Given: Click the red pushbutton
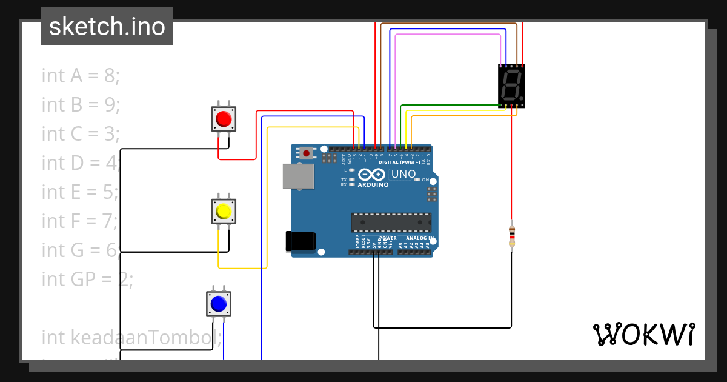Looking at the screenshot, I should click(223, 119).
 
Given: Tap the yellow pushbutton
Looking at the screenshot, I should click(223, 211).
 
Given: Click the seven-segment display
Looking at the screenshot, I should click(511, 86).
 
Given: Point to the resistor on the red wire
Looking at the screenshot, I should click(512, 236).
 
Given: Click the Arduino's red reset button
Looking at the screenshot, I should click(307, 153).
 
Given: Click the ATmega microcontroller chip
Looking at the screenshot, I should click(391, 223).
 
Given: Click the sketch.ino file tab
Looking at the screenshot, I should click(107, 27).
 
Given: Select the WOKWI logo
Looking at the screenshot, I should click(643, 334).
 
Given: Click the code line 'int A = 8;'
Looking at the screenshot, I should click(81, 76).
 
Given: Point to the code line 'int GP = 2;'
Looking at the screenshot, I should click(87, 279).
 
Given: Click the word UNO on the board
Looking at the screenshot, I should click(403, 174).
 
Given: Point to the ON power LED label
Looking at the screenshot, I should click(425, 180).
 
